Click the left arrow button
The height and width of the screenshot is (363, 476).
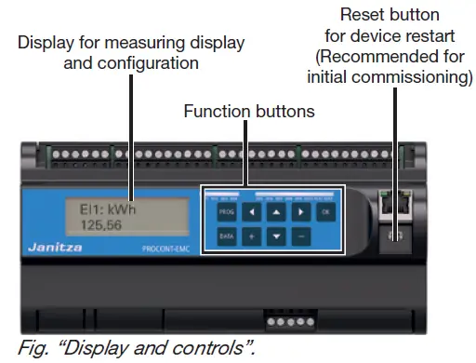(250, 211)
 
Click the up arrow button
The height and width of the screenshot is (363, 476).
(276, 211)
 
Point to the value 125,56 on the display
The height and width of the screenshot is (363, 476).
(82, 224)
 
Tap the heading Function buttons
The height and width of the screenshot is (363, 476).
(248, 111)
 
